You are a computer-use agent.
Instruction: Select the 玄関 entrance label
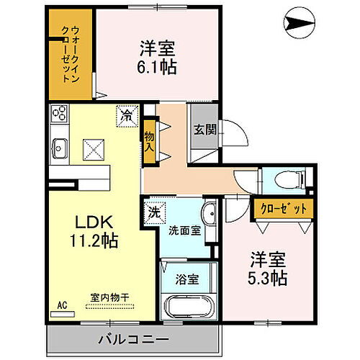coord(202,130)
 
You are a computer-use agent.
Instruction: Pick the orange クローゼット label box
coord(283,208)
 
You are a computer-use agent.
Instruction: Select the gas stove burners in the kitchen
coord(58,114)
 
